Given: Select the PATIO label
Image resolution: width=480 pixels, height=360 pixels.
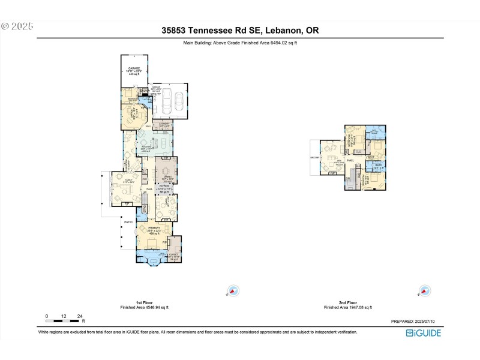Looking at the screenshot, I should click(128, 222).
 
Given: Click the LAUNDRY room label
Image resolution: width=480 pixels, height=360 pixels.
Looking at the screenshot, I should click(164, 124).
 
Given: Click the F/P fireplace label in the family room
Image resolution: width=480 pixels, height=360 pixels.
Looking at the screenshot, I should click(127, 204).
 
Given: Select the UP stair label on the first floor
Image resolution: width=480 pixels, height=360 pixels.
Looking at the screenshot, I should click(144, 193).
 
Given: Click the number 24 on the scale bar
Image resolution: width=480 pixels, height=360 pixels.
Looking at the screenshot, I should click(80, 316).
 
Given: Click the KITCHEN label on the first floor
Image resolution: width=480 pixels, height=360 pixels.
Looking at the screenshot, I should click(146, 148).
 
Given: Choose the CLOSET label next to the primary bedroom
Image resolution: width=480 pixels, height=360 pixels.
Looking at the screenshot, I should click(174, 255).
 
